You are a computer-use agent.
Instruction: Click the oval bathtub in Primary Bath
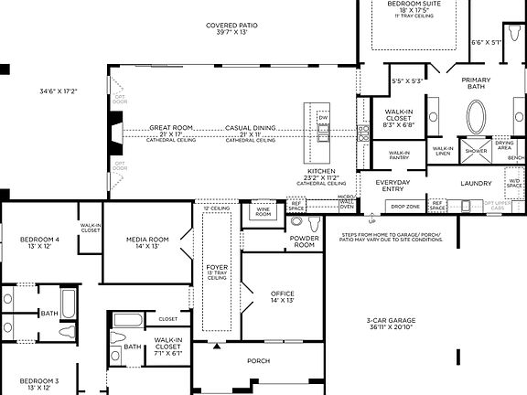point(477,118)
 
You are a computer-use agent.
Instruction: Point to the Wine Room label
point(263,211)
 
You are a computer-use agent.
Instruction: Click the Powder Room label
point(304,242)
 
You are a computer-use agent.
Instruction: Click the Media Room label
point(147,242)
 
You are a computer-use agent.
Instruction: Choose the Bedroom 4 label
point(39,242)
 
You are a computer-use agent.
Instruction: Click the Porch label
point(259,361)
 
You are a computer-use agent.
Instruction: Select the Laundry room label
point(476,183)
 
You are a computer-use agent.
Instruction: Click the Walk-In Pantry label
point(399,155)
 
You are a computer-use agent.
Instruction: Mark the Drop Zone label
point(403,207)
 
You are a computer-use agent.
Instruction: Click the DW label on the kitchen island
point(323,118)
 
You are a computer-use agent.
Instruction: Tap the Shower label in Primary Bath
point(476,151)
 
